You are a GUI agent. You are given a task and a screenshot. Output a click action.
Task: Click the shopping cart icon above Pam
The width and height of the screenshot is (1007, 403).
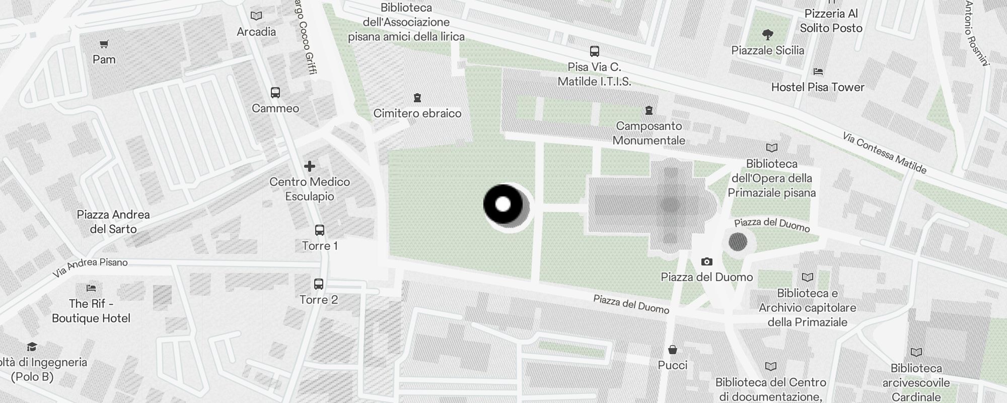[104, 44]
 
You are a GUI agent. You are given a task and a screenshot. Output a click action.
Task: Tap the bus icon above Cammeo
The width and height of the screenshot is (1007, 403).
[275, 93]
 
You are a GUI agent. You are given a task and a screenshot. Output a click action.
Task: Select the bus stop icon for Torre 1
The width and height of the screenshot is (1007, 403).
[320, 230]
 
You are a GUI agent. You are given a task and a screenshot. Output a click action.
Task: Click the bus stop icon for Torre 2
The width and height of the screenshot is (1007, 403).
[319, 284]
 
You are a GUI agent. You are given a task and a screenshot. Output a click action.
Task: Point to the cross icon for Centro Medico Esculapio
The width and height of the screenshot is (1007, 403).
[310, 166]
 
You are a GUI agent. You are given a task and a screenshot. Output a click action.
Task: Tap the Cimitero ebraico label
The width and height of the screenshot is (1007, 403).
[417, 113]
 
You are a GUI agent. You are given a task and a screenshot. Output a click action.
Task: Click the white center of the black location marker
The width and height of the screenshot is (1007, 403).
[503, 205]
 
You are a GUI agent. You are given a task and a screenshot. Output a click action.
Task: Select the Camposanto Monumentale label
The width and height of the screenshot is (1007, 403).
[649, 133]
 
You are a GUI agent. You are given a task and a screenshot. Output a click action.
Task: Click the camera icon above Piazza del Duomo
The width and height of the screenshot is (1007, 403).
[707, 261]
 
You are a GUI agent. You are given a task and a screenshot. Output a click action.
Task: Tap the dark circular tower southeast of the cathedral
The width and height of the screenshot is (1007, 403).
[738, 242]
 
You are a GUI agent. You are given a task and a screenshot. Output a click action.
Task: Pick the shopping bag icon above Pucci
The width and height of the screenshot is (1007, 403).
[673, 350]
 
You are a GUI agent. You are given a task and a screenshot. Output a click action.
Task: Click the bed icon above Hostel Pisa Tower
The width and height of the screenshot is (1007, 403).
[818, 72]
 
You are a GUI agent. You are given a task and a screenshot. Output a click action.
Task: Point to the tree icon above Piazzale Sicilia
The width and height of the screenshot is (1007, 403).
[768, 35]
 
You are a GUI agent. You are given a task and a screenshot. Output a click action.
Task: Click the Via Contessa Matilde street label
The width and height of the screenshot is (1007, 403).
[885, 153]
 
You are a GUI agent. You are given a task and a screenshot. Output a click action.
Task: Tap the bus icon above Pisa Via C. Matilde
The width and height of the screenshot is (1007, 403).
[595, 51]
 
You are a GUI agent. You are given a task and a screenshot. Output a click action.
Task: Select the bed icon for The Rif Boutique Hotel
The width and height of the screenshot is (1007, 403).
[91, 288]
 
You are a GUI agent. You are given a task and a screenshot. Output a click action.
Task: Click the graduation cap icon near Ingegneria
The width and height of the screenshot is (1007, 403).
[32, 347]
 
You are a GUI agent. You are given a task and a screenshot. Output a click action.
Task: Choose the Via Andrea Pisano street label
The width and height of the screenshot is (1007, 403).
[91, 267]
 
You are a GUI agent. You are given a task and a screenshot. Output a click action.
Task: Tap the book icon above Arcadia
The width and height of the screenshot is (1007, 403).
[256, 16]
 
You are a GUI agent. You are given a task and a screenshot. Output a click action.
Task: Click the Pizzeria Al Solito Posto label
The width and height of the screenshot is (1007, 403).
[831, 21]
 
